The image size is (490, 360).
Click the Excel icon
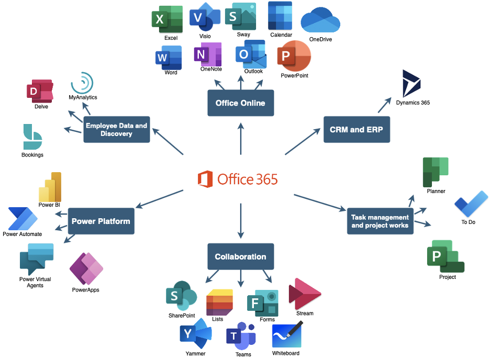(167, 19)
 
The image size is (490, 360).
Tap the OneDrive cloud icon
(320, 20)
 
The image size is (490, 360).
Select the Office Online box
(241, 103)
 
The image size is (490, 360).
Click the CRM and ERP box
(357, 130)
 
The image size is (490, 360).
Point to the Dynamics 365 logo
(411, 84)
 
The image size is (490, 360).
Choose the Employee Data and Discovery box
(117, 130)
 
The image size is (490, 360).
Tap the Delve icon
(40, 91)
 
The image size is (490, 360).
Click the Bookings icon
(32, 137)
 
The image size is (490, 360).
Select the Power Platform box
(101, 221)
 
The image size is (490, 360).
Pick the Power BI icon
(50, 187)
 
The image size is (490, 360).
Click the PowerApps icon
(86, 268)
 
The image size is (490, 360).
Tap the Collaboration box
(241, 256)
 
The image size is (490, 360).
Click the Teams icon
(241, 336)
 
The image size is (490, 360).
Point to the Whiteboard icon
(287, 335)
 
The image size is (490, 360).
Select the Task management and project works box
(380, 221)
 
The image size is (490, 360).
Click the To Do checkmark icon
(471, 204)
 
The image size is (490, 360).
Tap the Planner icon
(436, 172)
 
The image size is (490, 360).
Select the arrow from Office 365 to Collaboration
(241, 221)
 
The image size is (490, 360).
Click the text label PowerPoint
(294, 75)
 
